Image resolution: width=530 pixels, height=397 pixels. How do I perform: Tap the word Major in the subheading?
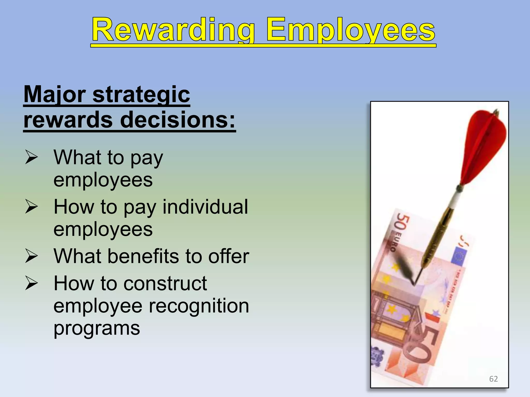[x=55, y=95]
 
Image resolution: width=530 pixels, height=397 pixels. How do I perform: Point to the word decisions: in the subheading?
[x=178, y=120]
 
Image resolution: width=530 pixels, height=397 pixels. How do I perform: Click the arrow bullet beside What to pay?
[x=32, y=157]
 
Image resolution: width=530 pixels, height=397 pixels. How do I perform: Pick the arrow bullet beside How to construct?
[x=32, y=283]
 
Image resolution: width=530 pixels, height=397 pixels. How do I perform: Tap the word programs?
[x=97, y=329]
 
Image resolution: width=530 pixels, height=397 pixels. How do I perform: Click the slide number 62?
[x=494, y=379]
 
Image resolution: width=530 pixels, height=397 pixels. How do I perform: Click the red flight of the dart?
[x=484, y=147]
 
